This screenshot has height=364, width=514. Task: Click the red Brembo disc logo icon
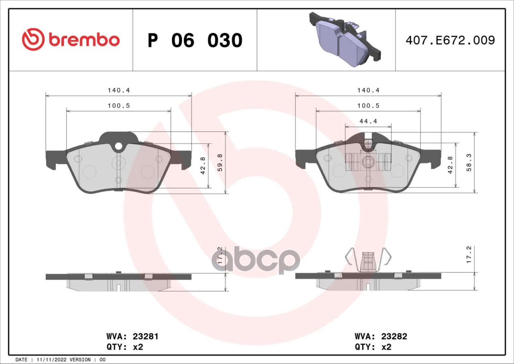point(33,39)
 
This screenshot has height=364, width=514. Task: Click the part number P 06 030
point(195,41)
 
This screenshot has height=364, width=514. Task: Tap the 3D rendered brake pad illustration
point(345,39)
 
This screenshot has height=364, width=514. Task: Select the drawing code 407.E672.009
point(450,40)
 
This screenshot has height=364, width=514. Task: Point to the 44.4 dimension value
point(368,121)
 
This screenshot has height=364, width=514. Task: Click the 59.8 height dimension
point(220,162)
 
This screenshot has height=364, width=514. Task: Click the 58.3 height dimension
point(469,162)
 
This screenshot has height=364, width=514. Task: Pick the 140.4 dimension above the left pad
point(119,90)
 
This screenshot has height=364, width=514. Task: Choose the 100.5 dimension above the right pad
point(368,106)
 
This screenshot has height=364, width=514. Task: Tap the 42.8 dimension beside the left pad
point(203,166)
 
